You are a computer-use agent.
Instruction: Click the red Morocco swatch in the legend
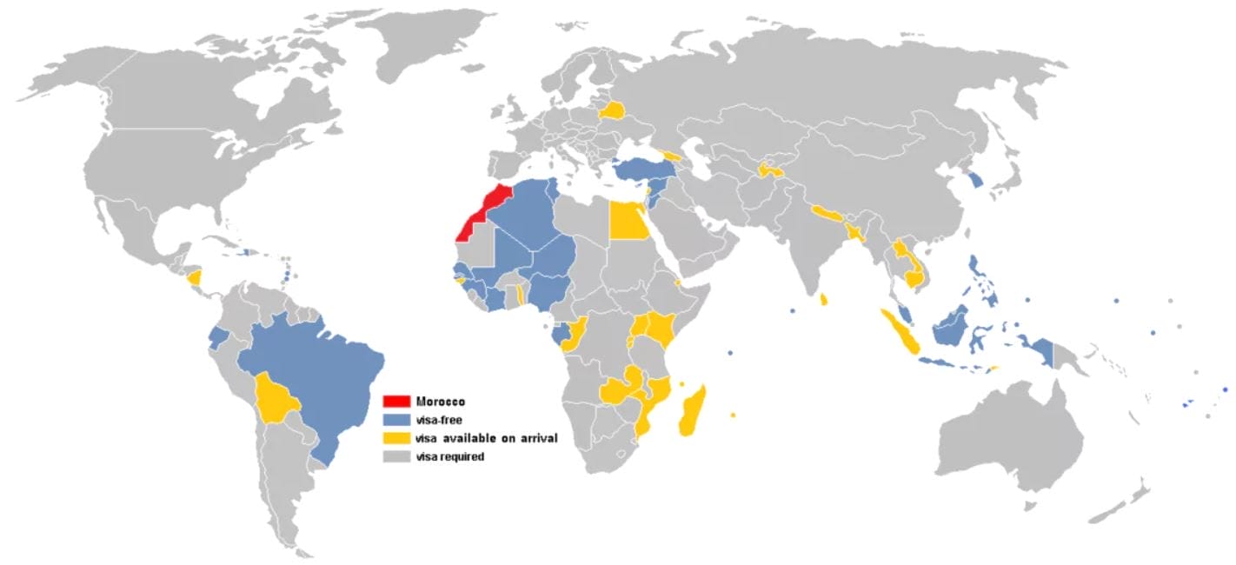396,401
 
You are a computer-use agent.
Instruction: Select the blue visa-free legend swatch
396,419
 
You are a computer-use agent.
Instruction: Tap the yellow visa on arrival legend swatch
396,437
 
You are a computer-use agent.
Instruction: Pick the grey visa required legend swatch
396,455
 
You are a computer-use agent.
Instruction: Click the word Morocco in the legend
440,401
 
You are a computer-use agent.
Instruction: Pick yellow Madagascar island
693,412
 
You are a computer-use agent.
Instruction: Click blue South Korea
977,180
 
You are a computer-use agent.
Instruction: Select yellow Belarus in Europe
613,110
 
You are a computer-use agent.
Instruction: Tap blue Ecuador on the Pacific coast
218,336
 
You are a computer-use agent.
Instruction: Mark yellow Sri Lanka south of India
823,299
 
